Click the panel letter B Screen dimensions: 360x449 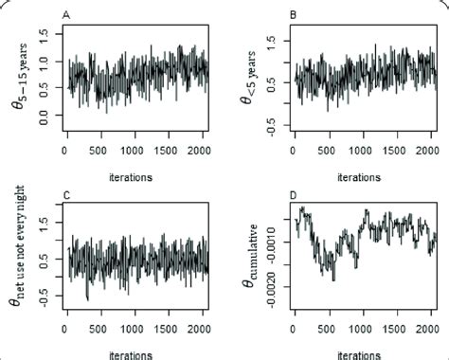pyautogui.click(x=294, y=15)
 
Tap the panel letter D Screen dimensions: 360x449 pyautogui.click(x=294, y=196)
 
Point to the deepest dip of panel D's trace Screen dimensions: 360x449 pyautogui.click(x=332, y=279)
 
